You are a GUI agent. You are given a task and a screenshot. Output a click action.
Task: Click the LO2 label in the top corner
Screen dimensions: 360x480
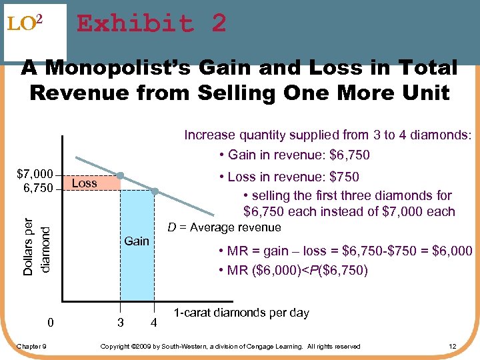pyautogui.click(x=25, y=25)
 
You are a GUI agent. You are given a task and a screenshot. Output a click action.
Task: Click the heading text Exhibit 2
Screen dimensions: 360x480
pyautogui.click(x=151, y=25)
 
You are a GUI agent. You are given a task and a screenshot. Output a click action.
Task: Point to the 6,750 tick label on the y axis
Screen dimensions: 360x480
pyautogui.click(x=38, y=188)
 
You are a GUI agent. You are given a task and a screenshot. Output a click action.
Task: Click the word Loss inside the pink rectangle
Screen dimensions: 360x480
pyautogui.click(x=84, y=183)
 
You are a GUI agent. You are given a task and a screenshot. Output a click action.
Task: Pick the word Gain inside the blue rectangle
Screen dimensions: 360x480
pyautogui.click(x=137, y=241)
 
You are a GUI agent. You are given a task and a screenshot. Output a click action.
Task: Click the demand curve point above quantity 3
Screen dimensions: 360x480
pyautogui.click(x=120, y=176)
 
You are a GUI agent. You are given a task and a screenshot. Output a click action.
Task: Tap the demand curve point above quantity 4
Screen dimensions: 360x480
pyautogui.click(x=154, y=191)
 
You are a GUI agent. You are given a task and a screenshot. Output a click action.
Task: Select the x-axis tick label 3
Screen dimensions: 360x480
pyautogui.click(x=120, y=323)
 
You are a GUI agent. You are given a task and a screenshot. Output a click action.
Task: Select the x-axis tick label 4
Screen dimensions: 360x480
pyautogui.click(x=154, y=323)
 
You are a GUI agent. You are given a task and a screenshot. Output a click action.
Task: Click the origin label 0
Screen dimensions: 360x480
pyautogui.click(x=51, y=323)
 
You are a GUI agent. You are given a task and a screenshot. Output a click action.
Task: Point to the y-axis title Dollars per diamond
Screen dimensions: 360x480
pyautogui.click(x=35, y=237)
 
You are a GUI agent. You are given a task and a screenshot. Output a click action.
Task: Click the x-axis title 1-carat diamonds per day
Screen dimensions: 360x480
pyautogui.click(x=241, y=313)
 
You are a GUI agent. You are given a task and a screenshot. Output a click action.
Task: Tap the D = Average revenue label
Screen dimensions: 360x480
pyautogui.click(x=224, y=228)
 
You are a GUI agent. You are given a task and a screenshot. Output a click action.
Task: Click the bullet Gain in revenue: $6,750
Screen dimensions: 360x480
pyautogui.click(x=293, y=155)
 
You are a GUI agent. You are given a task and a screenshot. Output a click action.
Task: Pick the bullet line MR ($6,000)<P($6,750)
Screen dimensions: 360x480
pyautogui.click(x=293, y=271)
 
